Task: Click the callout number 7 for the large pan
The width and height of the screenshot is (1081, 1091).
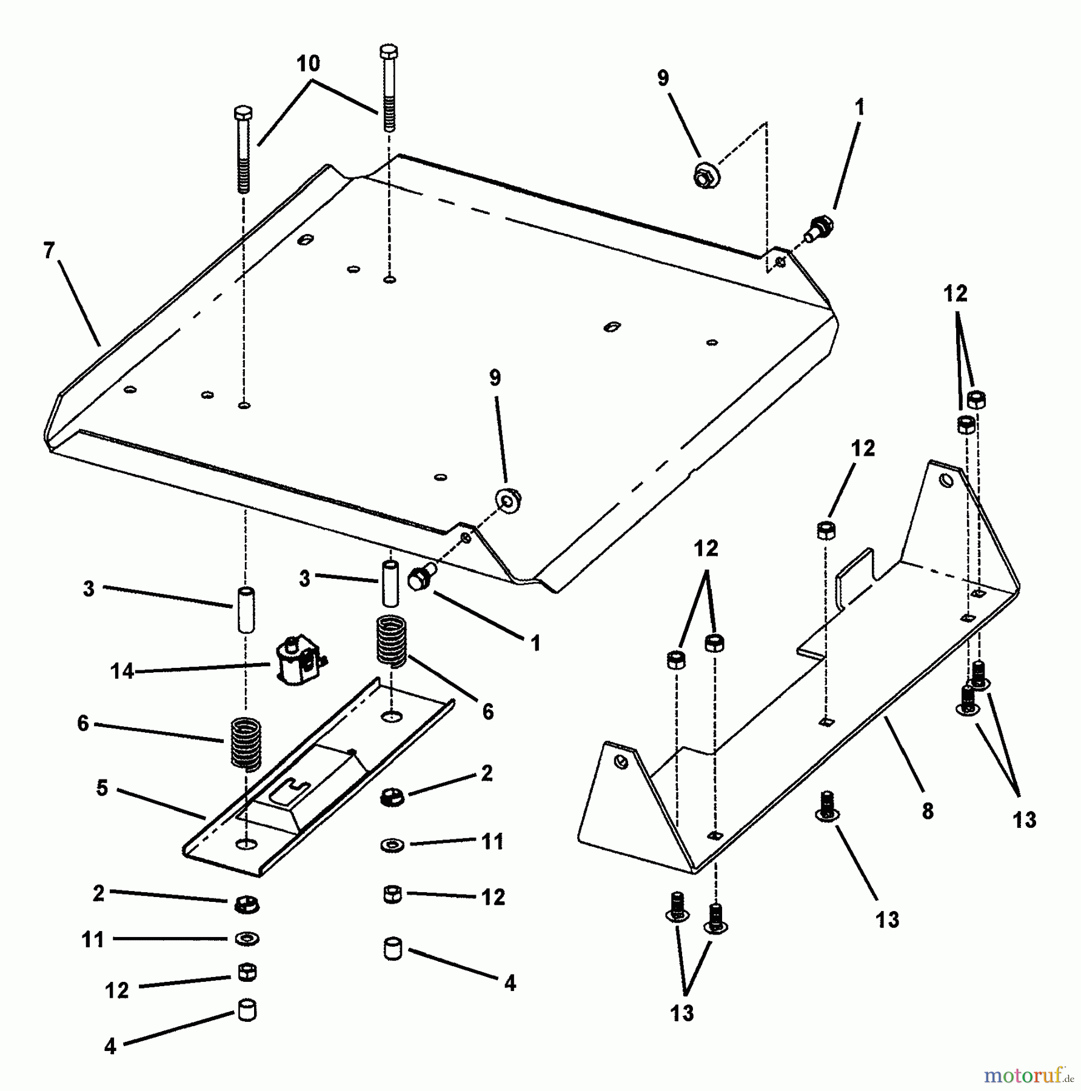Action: tap(49, 250)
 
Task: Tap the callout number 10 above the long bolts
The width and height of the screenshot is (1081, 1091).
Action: tap(308, 63)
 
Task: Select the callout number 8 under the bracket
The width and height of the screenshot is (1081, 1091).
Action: tap(928, 811)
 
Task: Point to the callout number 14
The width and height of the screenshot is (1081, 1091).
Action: tap(121, 671)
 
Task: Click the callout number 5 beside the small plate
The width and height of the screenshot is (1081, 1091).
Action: tap(102, 788)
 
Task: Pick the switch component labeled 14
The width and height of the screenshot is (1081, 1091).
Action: tap(297, 660)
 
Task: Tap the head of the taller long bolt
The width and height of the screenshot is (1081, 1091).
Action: tap(388, 52)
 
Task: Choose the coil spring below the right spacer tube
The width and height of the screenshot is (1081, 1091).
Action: tap(392, 641)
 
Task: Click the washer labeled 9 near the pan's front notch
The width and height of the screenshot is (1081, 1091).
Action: tap(509, 498)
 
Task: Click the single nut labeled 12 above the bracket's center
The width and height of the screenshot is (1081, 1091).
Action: tap(826, 529)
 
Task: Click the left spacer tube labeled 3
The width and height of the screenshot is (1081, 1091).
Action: tap(245, 609)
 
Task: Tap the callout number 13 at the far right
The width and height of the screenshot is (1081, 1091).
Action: tap(1025, 820)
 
